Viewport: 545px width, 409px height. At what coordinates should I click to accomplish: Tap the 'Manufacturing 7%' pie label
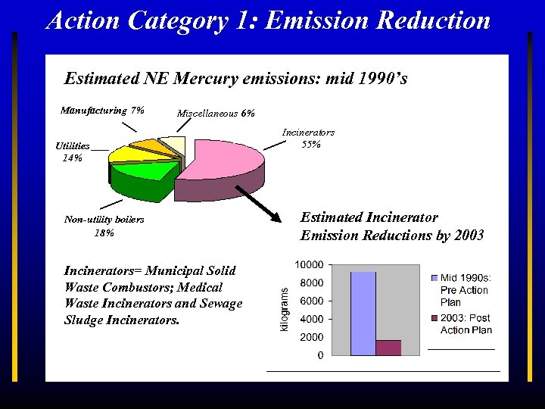pyautogui.click(x=102, y=111)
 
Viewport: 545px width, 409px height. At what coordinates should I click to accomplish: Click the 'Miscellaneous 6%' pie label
pyautogui.click(x=216, y=114)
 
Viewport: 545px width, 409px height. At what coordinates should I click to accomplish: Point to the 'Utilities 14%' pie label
pyautogui.click(x=73, y=152)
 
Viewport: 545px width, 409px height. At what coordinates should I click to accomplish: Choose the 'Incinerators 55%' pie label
pyautogui.click(x=308, y=138)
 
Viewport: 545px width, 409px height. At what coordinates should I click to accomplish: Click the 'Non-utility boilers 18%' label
pyautogui.click(x=104, y=226)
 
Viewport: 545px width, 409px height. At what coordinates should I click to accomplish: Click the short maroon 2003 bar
pyautogui.click(x=388, y=348)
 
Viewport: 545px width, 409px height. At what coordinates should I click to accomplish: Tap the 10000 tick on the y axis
pyautogui.click(x=309, y=264)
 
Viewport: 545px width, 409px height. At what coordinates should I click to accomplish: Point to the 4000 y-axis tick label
pyautogui.click(x=311, y=319)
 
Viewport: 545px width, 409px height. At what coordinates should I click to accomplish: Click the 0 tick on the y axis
pyautogui.click(x=321, y=354)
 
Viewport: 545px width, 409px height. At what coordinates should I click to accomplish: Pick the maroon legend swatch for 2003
pyautogui.click(x=434, y=317)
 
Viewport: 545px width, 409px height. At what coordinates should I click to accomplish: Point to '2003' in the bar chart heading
pyautogui.click(x=468, y=235)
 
